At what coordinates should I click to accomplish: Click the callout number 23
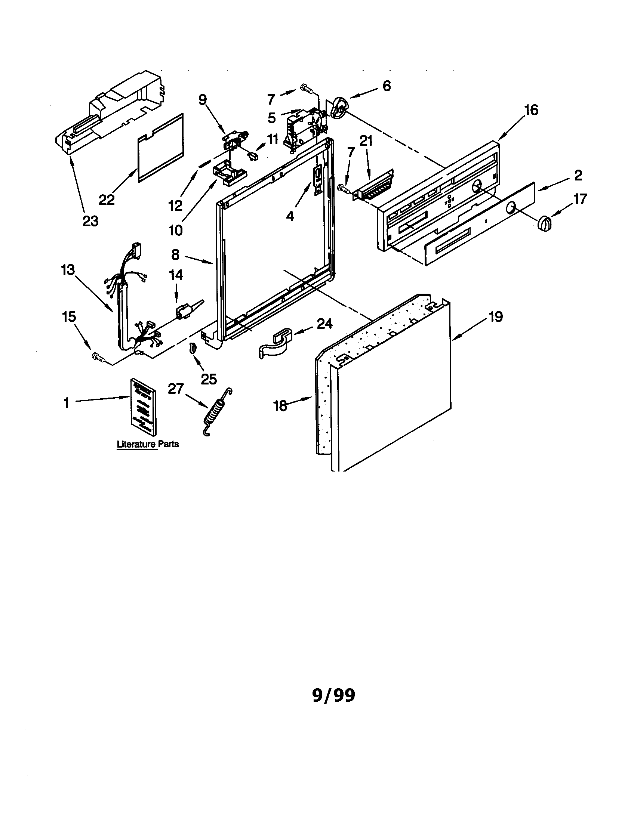point(90,221)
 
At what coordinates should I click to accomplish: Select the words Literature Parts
point(148,444)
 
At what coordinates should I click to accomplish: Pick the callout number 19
point(496,316)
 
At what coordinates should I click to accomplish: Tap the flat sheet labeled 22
point(162,148)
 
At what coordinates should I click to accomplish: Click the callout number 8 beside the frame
point(175,255)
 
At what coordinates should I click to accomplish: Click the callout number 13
point(68,270)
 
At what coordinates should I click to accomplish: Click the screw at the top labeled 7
point(307,89)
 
